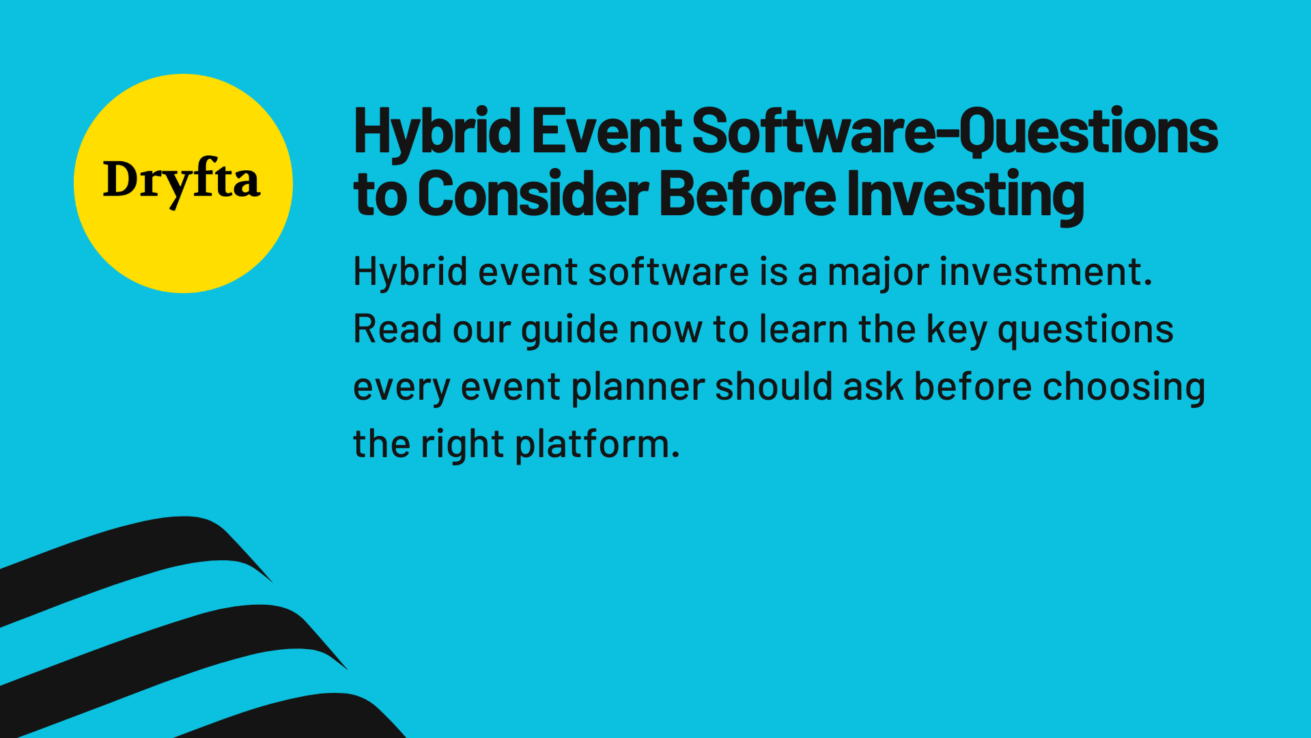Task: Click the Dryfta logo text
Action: click(x=182, y=181)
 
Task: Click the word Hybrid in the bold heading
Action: click(x=437, y=131)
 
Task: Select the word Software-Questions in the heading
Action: click(x=955, y=131)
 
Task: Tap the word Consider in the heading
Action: click(x=533, y=195)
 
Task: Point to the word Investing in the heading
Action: click(x=965, y=195)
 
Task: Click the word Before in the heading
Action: click(x=747, y=195)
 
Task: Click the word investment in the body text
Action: click(x=1045, y=272)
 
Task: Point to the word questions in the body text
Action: click(x=1085, y=329)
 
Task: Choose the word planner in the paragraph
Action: click(x=638, y=387)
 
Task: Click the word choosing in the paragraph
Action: click(x=1124, y=387)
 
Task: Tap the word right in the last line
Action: click(x=462, y=444)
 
